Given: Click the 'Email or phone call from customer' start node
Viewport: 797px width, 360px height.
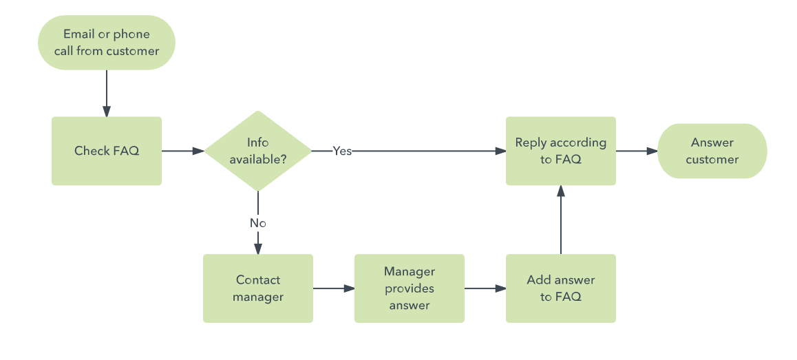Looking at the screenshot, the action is pyautogui.click(x=107, y=43).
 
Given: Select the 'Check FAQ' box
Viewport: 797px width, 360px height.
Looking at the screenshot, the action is pyautogui.click(x=107, y=151).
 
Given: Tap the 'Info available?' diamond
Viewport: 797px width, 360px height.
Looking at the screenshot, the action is pyautogui.click(x=258, y=151).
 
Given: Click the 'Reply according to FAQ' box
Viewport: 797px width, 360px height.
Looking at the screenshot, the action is pyautogui.click(x=561, y=151).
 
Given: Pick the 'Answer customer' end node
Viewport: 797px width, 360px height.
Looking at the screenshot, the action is pyautogui.click(x=712, y=151).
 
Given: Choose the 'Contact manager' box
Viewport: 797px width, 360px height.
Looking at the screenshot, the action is pyautogui.click(x=258, y=288).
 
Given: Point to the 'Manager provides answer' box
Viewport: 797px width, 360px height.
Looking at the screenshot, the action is pyautogui.click(x=410, y=288).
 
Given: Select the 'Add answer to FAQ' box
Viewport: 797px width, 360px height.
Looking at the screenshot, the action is pyautogui.click(x=561, y=288).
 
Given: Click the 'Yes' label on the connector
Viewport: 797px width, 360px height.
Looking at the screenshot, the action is pyautogui.click(x=342, y=151).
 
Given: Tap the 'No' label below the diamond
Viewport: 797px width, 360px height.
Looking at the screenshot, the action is pyautogui.click(x=258, y=223).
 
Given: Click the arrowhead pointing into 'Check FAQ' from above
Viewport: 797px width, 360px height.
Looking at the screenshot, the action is pyautogui.click(x=107, y=112).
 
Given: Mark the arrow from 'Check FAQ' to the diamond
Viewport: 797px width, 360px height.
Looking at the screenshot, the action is pyautogui.click(x=183, y=151).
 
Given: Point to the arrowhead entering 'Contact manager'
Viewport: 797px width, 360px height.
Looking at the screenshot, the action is pyautogui.click(x=258, y=248).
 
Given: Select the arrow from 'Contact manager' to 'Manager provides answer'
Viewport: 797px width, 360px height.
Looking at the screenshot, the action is pyautogui.click(x=334, y=288).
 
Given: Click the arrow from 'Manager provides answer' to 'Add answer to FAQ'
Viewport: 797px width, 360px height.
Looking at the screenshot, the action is pyautogui.click(x=485, y=288).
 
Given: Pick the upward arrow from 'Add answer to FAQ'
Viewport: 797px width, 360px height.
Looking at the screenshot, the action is pyautogui.click(x=561, y=220).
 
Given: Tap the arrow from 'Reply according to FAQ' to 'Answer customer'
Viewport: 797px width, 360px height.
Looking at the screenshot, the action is pyautogui.click(x=637, y=151).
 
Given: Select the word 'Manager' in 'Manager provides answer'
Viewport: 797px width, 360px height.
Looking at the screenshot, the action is pyautogui.click(x=410, y=272).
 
